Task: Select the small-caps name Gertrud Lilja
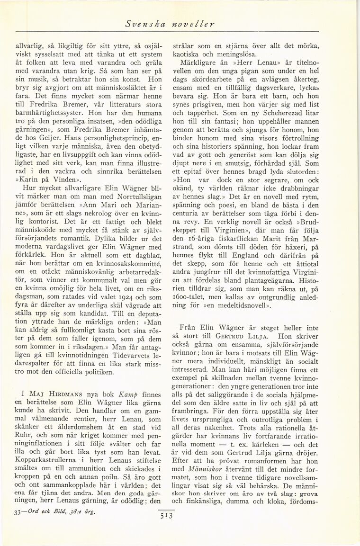pos(254,336)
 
